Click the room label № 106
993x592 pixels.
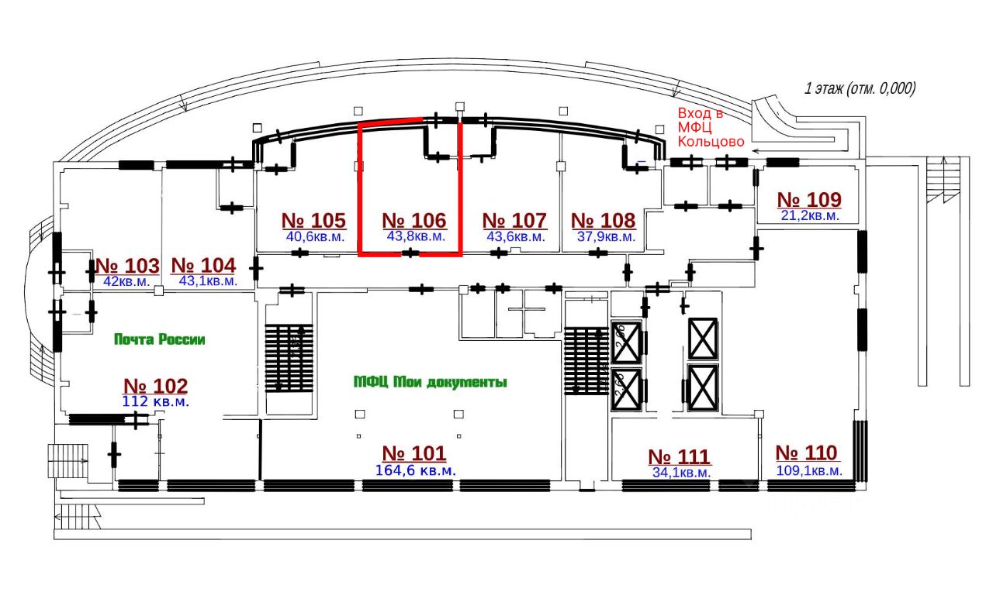pos(414,221)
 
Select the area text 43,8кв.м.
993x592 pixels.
pos(415,236)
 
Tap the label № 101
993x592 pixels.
pos(414,454)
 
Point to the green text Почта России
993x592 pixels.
pos(159,339)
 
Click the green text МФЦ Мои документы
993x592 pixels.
pos(430,382)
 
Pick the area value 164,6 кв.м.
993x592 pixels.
pos(417,470)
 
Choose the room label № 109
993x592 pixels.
pos(809,200)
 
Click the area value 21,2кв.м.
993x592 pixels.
pos(809,215)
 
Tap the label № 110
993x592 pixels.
pos(807,453)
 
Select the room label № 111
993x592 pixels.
pos(680,457)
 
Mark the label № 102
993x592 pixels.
pos(155,386)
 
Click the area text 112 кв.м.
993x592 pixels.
pos(156,401)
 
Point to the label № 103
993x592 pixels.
pos(126,266)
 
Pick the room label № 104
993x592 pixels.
pos(202,266)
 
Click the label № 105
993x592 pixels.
pos(313,221)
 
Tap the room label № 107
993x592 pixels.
pos(514,221)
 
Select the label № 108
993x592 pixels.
pos(603,221)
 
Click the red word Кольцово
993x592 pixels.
pos(711,142)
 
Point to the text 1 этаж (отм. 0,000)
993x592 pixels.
pos(860,88)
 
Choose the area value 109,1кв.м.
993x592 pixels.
pos(808,470)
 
